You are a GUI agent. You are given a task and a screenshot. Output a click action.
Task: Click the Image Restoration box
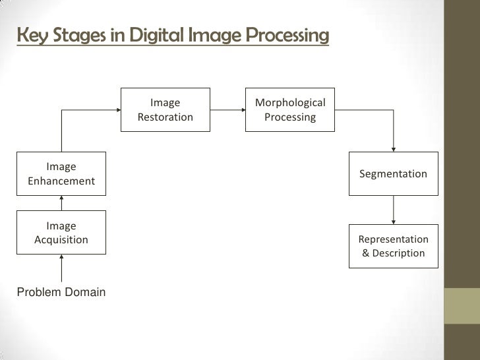(x=165, y=110)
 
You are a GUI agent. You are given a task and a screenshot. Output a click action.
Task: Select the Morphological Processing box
(x=290, y=110)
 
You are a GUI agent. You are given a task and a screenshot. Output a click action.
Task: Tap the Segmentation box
(x=393, y=174)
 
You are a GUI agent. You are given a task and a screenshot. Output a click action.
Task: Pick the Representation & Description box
(x=393, y=246)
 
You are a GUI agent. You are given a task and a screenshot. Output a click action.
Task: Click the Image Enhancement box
(x=61, y=174)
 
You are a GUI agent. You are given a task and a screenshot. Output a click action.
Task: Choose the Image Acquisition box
(x=61, y=233)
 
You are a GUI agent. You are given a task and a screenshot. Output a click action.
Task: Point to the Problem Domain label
(x=61, y=292)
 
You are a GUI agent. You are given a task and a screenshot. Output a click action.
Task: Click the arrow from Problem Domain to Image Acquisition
(x=61, y=269)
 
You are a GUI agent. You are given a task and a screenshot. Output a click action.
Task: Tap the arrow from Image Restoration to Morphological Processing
(x=226, y=110)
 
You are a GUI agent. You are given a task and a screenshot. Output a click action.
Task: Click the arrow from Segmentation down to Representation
(x=394, y=210)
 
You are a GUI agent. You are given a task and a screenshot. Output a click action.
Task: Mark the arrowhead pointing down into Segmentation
(x=394, y=148)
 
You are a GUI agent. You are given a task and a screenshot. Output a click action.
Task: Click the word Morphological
(x=290, y=103)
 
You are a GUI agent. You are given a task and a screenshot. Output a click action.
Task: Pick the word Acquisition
(x=61, y=240)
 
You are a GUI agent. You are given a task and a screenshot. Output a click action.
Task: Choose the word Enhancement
(x=61, y=181)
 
